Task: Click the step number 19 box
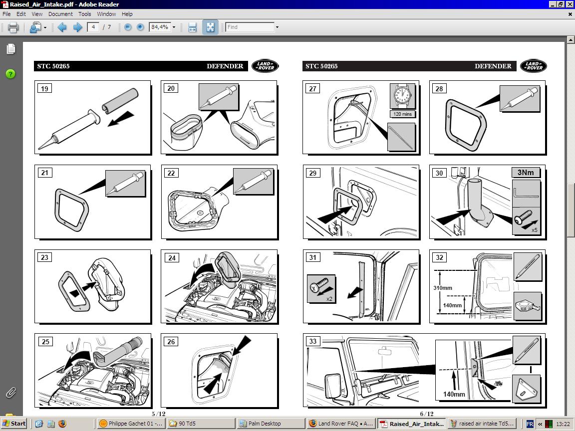coord(44,89)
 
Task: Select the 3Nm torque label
coord(526,173)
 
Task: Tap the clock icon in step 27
coord(402,96)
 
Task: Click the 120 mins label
coord(402,114)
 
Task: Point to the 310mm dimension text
coord(442,288)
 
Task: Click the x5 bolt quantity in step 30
coord(534,230)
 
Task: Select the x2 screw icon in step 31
coord(321,289)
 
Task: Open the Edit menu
coord(21,14)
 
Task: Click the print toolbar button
coord(13,27)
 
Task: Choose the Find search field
coord(250,27)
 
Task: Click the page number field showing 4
coord(93,27)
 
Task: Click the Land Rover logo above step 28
coord(533,66)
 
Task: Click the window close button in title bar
coord(570,4)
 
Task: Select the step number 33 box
coord(312,342)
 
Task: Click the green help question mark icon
coord(10,74)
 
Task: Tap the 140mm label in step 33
coord(454,394)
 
